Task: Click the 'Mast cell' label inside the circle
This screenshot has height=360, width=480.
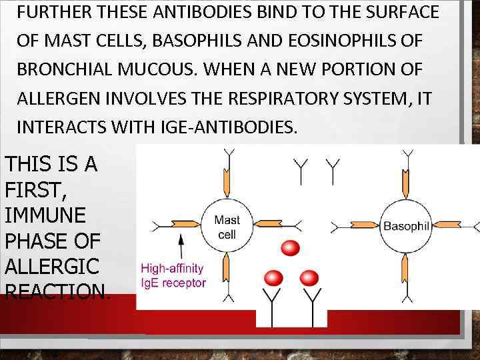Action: coord(227,227)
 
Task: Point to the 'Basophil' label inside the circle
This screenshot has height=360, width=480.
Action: coord(405,226)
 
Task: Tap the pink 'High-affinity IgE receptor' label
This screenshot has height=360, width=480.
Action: coord(173,276)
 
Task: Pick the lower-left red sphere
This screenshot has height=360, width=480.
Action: coord(273,277)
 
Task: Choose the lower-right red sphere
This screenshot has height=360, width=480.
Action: coord(309,277)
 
